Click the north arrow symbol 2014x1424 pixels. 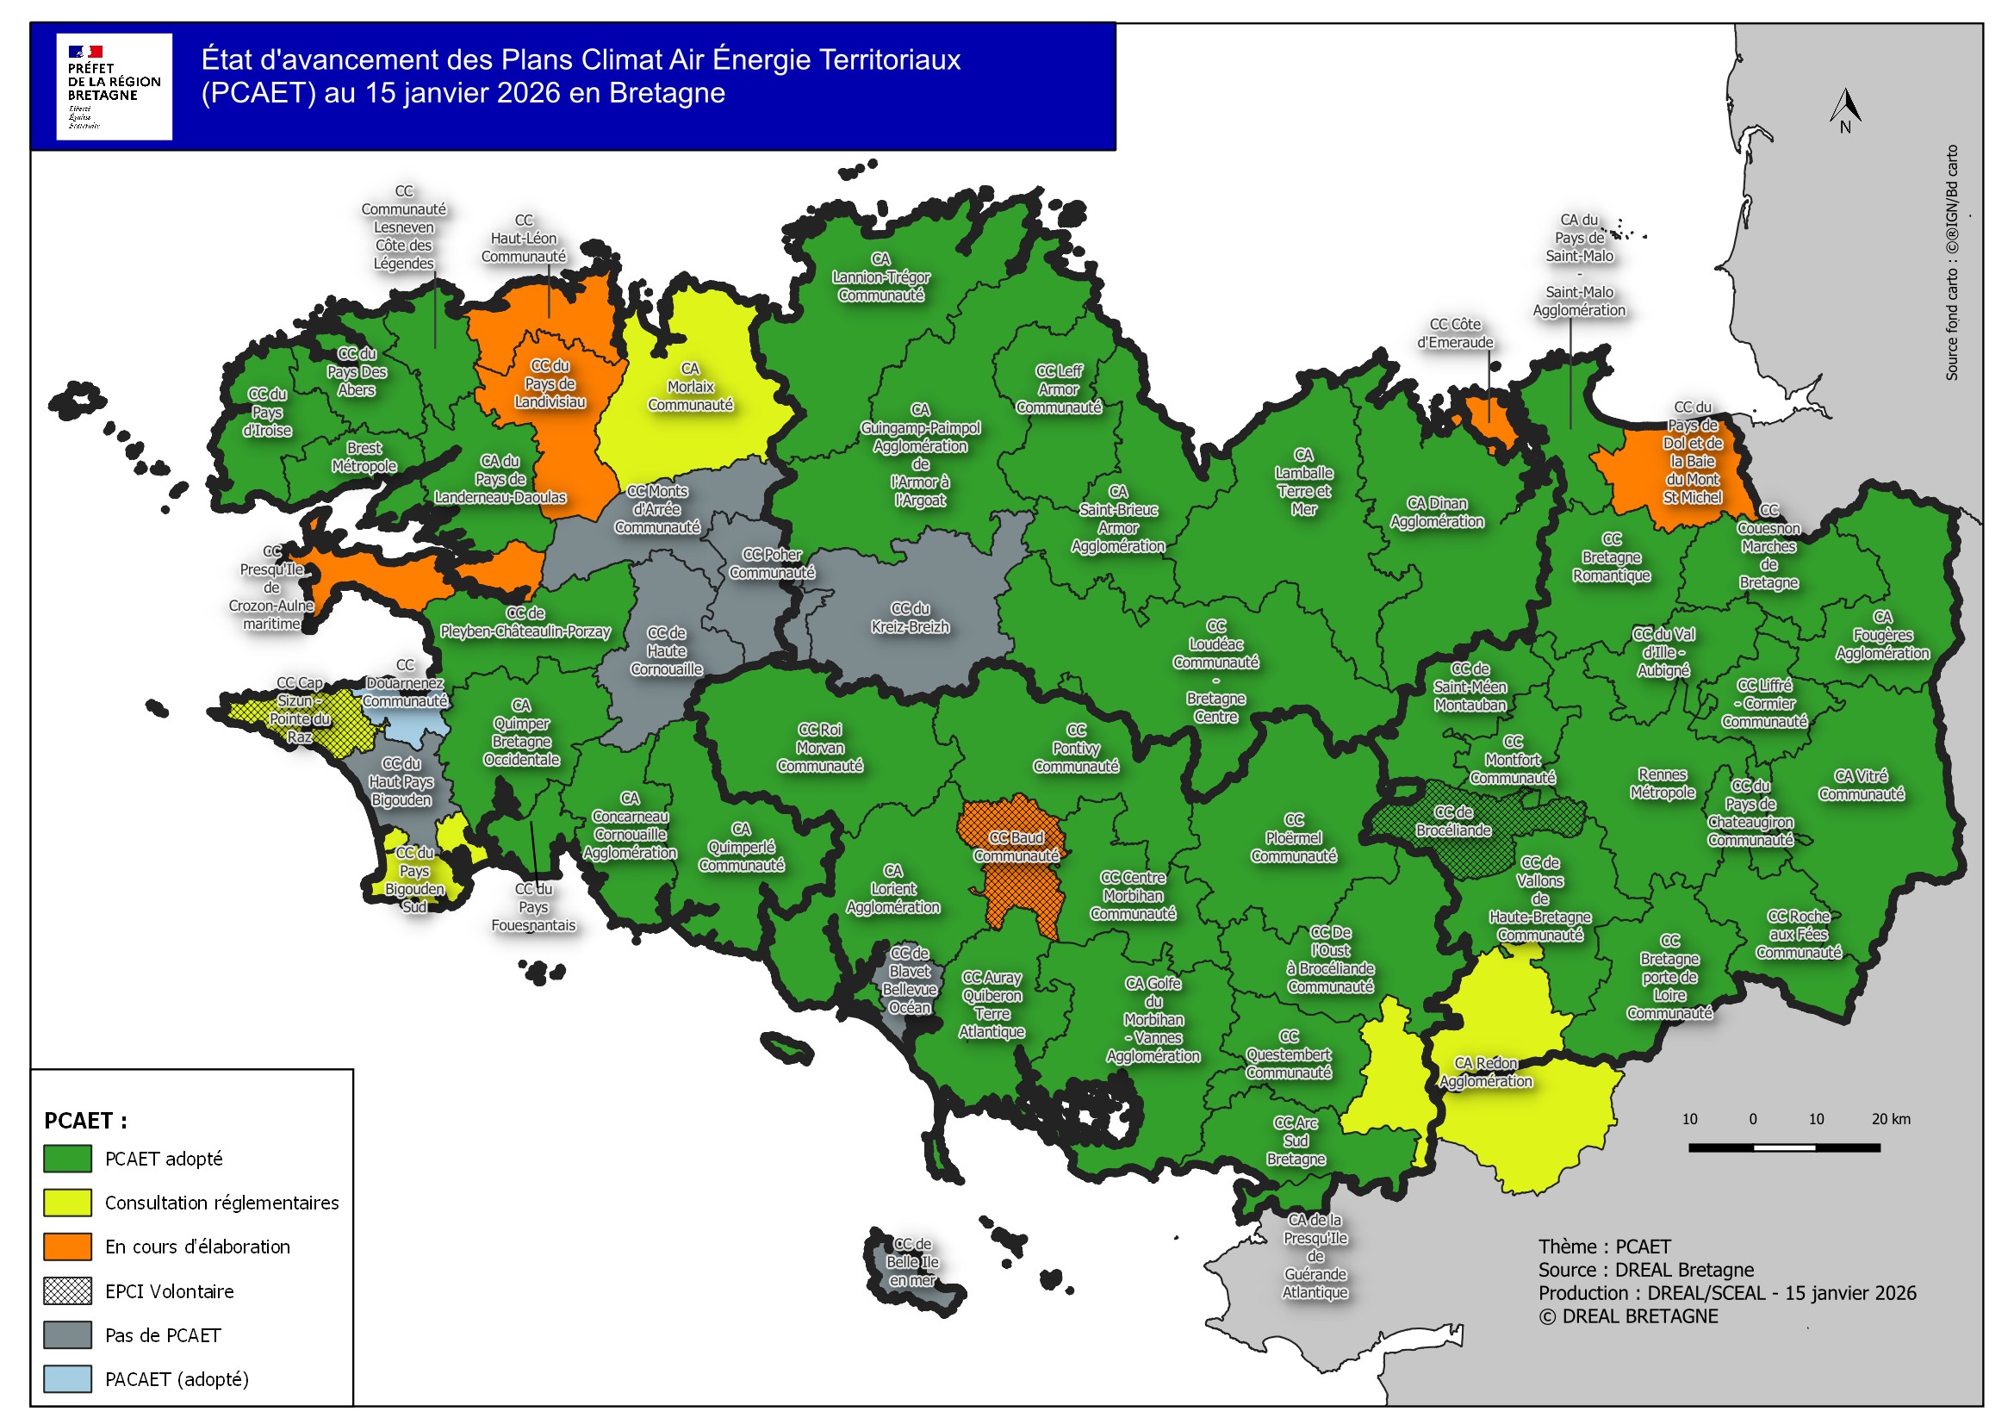[x=1844, y=109]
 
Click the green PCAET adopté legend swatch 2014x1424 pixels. [x=67, y=1158]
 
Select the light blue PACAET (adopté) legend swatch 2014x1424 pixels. [x=67, y=1378]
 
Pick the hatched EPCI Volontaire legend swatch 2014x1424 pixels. [x=67, y=1290]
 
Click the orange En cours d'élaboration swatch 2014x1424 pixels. [x=67, y=1246]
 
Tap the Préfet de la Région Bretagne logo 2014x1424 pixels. [x=114, y=86]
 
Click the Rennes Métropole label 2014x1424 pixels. [x=1662, y=784]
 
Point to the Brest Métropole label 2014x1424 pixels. [x=364, y=457]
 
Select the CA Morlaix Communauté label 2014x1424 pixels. [x=690, y=387]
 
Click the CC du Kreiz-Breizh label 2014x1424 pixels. [x=910, y=618]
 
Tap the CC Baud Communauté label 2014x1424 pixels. [x=1016, y=847]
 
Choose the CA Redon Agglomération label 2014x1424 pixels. [x=1485, y=1073]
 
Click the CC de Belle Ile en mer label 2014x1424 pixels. [x=912, y=1262]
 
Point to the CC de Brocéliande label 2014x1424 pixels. [x=1452, y=821]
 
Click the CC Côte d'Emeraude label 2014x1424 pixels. [x=1454, y=333]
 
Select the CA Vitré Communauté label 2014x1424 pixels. [x=1861, y=786]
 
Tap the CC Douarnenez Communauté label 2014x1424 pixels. [x=404, y=682]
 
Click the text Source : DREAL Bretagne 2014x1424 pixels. [x=1644, y=1270]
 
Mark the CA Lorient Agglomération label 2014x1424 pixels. [x=892, y=889]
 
